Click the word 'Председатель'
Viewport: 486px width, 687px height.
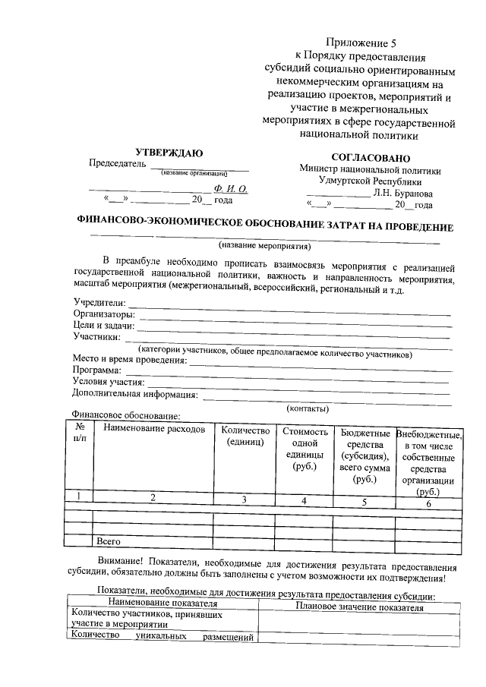coord(116,163)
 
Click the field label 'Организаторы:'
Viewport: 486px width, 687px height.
coord(104,314)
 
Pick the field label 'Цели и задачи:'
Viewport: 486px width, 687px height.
coord(103,326)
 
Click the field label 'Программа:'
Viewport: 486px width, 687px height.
coord(98,370)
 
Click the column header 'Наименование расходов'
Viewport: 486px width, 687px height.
coord(154,430)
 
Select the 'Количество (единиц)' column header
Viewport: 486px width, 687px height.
coord(245,436)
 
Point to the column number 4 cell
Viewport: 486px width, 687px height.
coord(303,500)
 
